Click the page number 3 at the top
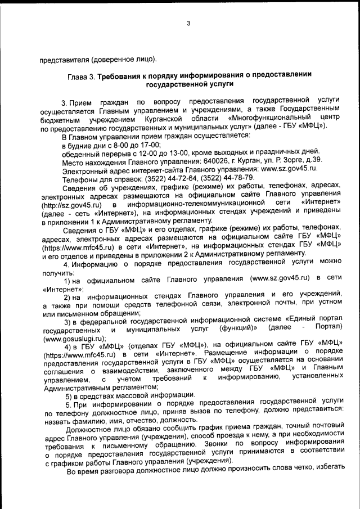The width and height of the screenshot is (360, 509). [x=188, y=23]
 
